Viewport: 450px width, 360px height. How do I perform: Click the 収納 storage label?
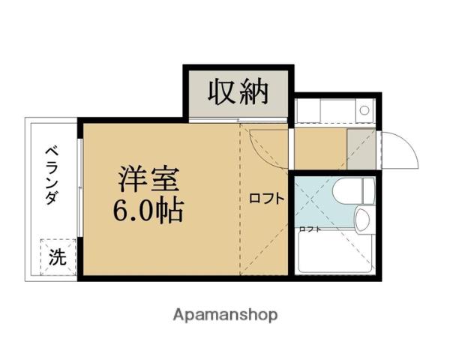(x=238, y=92)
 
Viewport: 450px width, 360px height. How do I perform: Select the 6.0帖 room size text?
(x=148, y=211)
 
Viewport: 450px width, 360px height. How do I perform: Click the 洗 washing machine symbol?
(x=58, y=256)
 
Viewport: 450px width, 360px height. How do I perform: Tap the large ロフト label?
(x=266, y=199)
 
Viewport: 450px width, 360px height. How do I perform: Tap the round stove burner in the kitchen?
(x=364, y=110)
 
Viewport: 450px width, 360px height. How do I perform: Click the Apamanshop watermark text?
(x=226, y=314)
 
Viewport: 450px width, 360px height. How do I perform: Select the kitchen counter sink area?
(x=322, y=111)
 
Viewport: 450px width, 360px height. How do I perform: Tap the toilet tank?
(x=367, y=190)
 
